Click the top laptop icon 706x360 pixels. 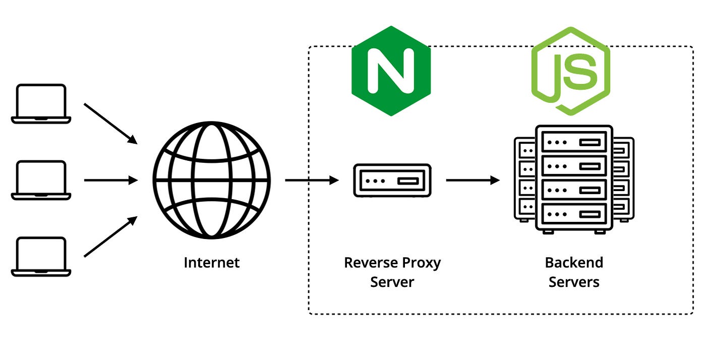(x=41, y=103)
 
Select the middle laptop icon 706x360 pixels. (x=41, y=180)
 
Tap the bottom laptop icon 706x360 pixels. (x=41, y=257)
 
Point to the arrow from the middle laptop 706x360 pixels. (x=110, y=180)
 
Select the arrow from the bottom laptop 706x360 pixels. (x=110, y=236)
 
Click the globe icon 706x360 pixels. (x=212, y=180)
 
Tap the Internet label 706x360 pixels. (x=212, y=263)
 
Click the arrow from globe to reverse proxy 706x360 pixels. (x=312, y=180)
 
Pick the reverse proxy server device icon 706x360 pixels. (x=392, y=180)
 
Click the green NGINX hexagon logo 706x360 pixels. (x=391, y=71)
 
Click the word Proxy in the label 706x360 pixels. (x=421, y=263)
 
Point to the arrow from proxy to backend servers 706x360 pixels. (x=473, y=180)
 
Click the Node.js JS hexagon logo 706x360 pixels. (x=570, y=71)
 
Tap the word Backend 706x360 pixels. (x=574, y=263)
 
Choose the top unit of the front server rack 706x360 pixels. (x=574, y=142)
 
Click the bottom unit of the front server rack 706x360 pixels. (x=574, y=214)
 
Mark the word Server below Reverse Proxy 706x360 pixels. (x=392, y=282)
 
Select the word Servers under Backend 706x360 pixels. (x=574, y=282)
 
